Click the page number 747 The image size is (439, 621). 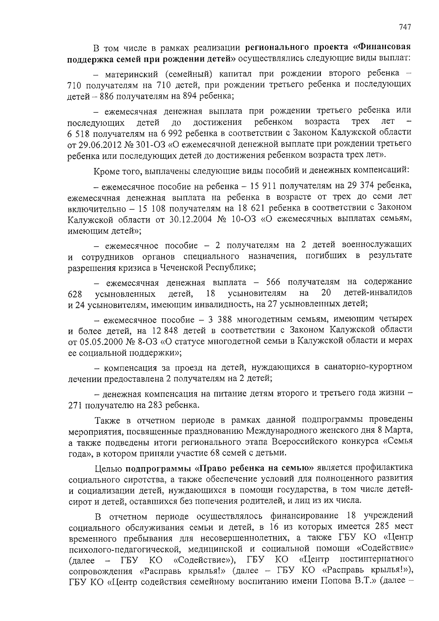[405, 27]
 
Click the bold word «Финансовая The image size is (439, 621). [382, 47]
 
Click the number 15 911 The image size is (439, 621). [263, 186]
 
